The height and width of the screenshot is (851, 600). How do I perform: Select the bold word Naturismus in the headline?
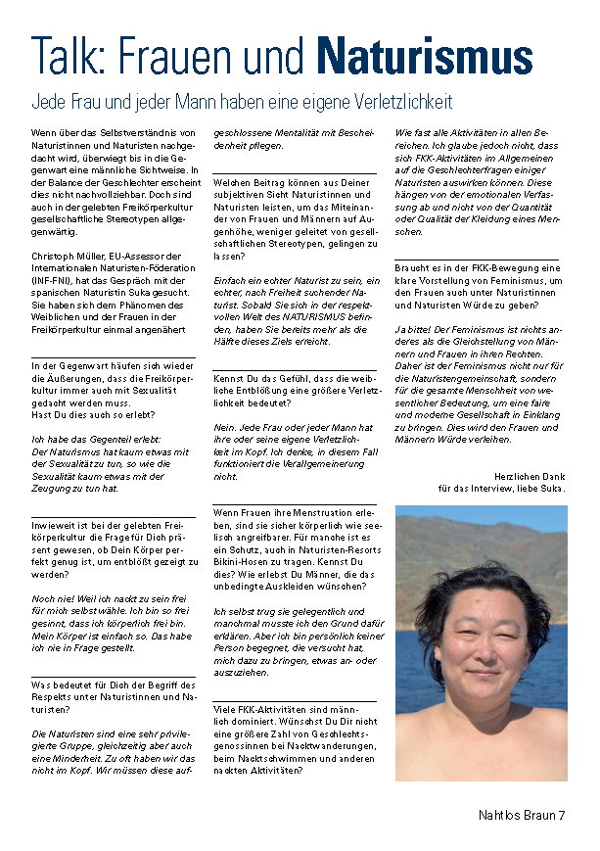(424, 56)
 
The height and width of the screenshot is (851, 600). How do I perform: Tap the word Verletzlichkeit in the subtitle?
(395, 102)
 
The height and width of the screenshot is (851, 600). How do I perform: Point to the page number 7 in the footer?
(562, 815)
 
